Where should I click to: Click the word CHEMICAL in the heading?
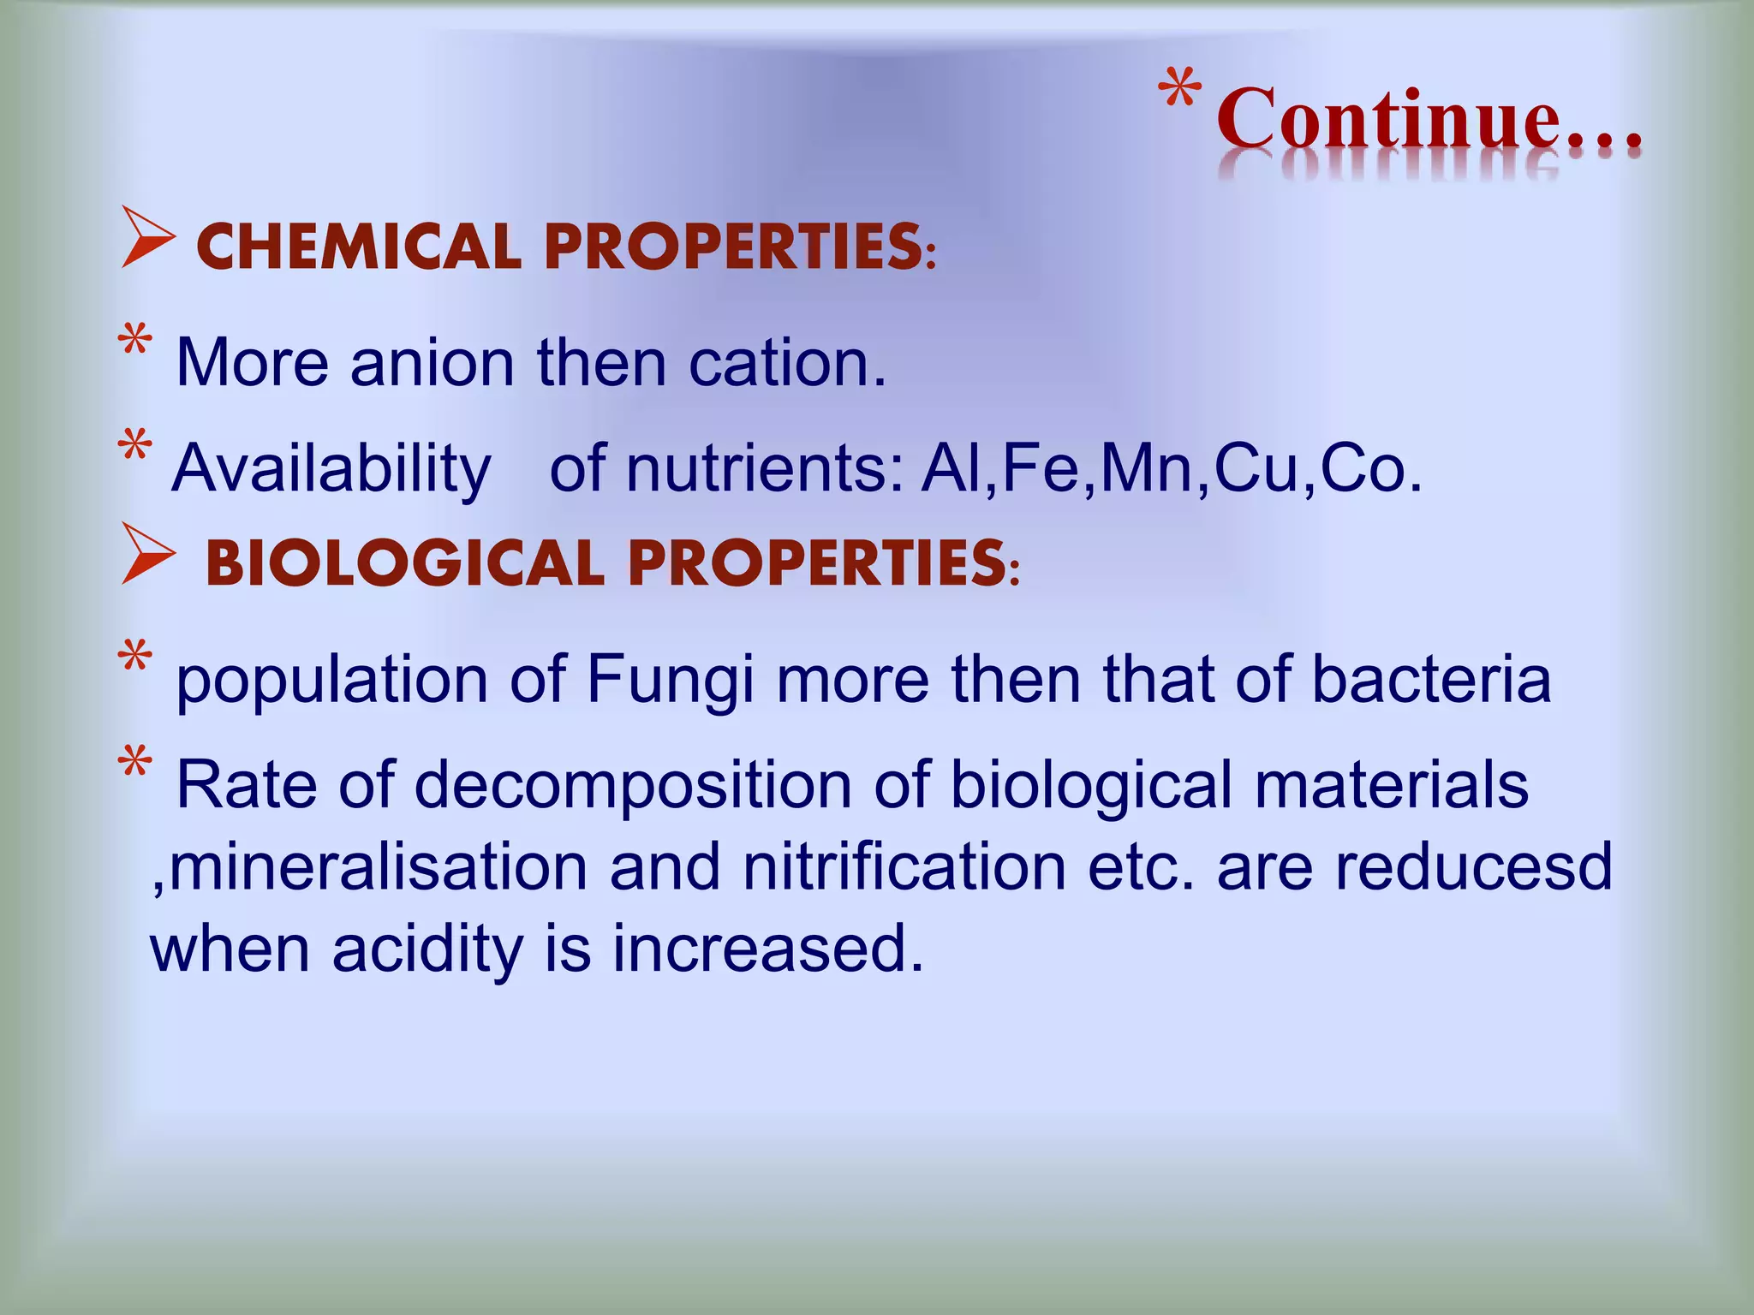(359, 247)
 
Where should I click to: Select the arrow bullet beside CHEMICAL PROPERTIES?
(148, 237)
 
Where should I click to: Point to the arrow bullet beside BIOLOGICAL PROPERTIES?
(148, 554)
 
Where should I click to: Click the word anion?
(432, 363)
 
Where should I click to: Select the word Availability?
(331, 469)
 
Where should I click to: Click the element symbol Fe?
(1041, 469)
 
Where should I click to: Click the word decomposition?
(633, 784)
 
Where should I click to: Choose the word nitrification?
(904, 866)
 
